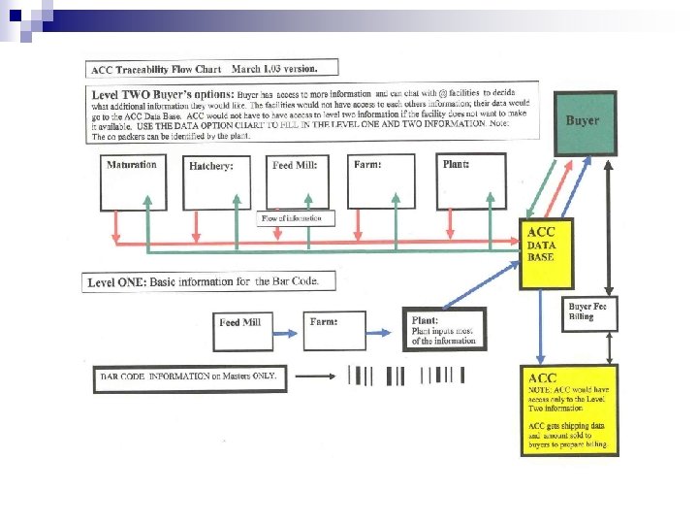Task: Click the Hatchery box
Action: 216,181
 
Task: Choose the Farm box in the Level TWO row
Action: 381,180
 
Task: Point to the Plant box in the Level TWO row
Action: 470,180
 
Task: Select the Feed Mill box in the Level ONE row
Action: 243,331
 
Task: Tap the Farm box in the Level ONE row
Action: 334,331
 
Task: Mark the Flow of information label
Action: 297,218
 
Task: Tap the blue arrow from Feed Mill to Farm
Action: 288,331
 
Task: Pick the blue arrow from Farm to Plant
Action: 383,330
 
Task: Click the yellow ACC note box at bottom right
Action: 570,410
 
